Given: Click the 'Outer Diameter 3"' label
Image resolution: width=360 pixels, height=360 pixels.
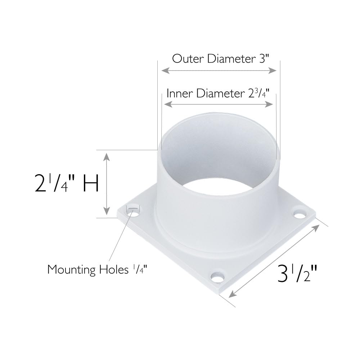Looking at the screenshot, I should click(x=220, y=58).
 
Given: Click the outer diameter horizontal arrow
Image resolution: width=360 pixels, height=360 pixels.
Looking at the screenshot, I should click(x=219, y=71).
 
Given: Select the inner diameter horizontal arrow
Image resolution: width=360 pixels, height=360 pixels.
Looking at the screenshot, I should click(x=219, y=104).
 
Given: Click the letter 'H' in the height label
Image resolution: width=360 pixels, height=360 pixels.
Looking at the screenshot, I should click(x=91, y=184).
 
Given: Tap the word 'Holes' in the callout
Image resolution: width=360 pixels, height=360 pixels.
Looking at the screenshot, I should click(x=113, y=269).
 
